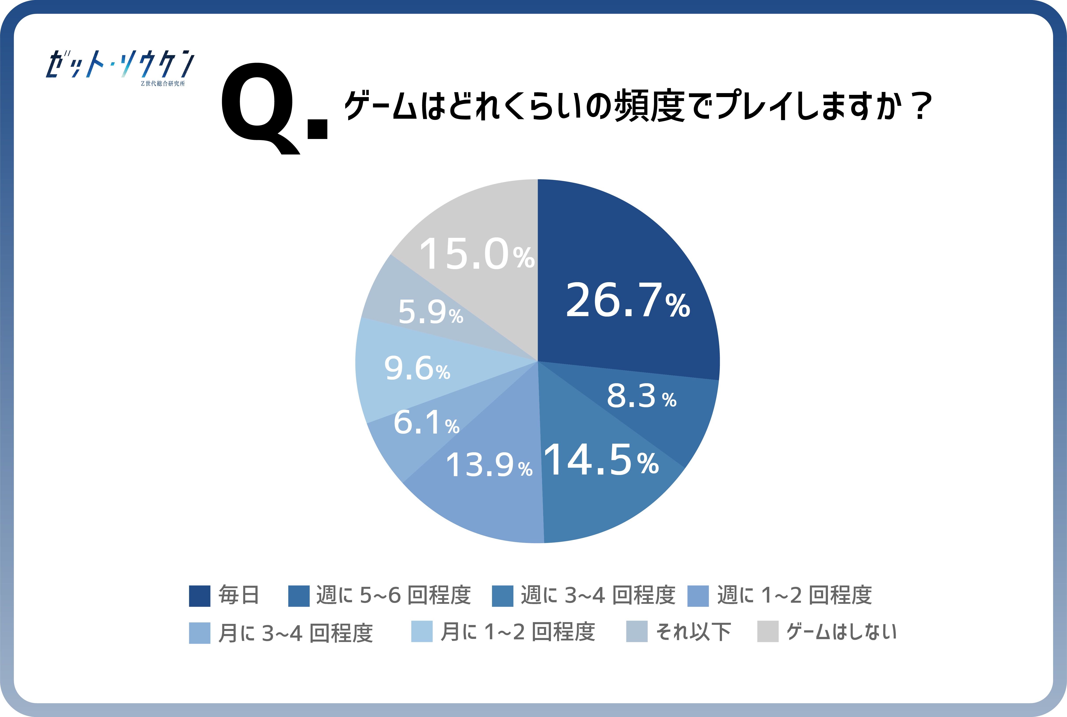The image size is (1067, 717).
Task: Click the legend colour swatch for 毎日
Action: pyautogui.click(x=200, y=596)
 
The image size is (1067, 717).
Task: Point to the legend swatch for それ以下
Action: pyautogui.click(x=636, y=631)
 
